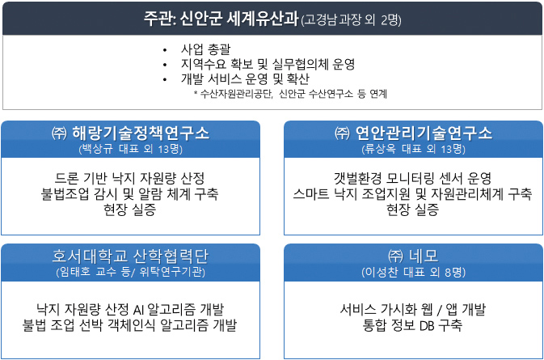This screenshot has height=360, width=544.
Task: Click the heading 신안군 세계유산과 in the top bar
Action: click(239, 19)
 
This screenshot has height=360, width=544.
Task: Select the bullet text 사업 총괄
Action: click(205, 49)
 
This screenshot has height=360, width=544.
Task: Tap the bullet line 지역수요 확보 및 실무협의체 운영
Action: click(268, 64)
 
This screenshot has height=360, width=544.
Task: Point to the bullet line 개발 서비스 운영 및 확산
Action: click(245, 79)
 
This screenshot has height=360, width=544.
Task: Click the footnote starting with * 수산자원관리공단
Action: click(290, 94)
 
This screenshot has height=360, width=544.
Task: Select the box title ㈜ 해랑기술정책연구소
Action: click(130, 133)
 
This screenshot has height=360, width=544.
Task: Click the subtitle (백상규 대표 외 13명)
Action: click(130, 150)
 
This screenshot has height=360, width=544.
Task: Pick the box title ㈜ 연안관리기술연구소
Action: click(413, 133)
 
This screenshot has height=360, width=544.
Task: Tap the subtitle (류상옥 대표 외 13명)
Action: click(413, 150)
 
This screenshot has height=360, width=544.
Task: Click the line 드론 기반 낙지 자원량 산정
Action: click(130, 179)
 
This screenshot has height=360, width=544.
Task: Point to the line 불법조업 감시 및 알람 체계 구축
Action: click(130, 193)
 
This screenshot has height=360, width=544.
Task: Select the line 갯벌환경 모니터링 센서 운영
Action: click(412, 179)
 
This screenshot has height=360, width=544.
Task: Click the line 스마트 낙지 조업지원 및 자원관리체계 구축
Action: click(412, 193)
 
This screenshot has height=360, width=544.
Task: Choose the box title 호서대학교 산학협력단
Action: click(130, 256)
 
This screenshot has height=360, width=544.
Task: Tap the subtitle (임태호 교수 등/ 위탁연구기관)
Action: click(130, 272)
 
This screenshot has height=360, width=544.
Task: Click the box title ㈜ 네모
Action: click(413, 256)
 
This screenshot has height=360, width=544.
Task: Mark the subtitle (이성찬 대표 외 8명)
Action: click(413, 272)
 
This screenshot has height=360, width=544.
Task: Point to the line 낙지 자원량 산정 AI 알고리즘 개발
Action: click(130, 309)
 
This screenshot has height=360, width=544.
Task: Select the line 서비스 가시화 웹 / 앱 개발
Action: click(412, 309)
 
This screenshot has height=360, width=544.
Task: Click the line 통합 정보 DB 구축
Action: click(412, 325)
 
